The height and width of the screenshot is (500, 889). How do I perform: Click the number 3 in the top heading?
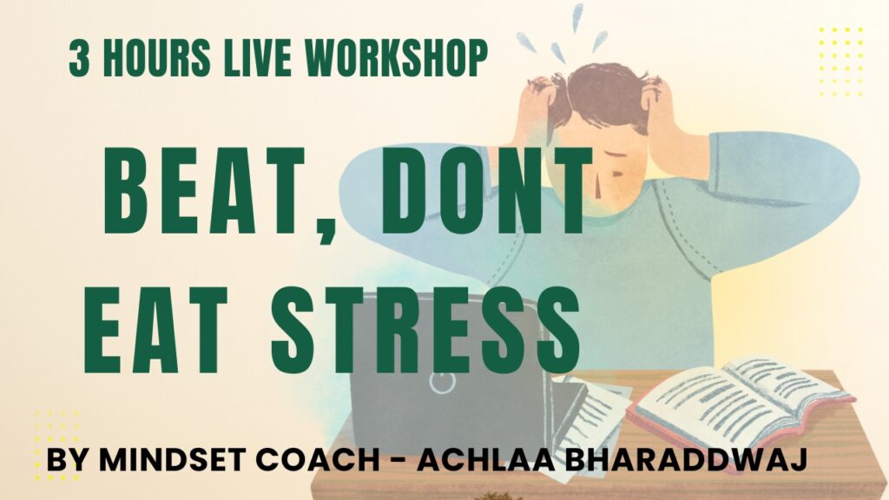(79, 59)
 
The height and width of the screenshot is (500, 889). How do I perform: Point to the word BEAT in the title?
(207, 190)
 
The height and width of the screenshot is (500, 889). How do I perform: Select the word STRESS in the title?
(425, 330)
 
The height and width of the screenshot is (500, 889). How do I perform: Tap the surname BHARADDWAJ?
(686, 460)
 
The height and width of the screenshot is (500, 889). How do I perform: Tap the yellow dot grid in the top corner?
(841, 62)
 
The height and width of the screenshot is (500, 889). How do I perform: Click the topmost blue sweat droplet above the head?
(577, 17)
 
